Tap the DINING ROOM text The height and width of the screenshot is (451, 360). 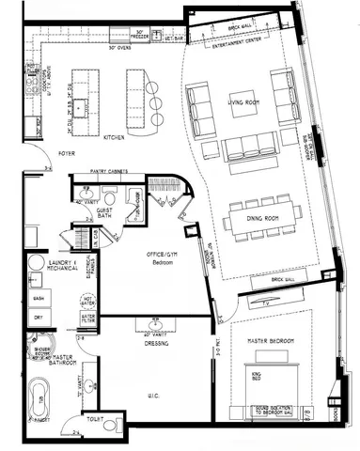tap(258, 218)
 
